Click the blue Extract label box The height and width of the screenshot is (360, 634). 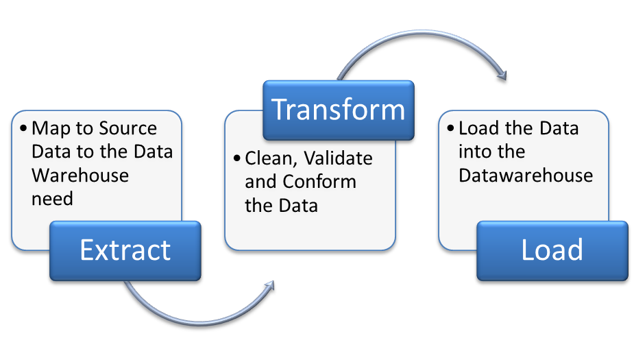pyautogui.click(x=125, y=250)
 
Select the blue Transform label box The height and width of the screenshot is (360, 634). pyautogui.click(x=339, y=110)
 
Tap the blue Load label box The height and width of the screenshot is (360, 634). pyautogui.click(x=552, y=250)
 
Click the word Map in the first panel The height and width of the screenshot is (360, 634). pyautogui.click(x=49, y=128)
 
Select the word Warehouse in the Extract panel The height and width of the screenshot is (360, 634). pyautogui.click(x=80, y=176)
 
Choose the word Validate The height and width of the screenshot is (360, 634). pyautogui.click(x=339, y=158)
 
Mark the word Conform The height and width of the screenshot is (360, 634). pyautogui.click(x=319, y=182)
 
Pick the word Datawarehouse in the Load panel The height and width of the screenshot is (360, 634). pyautogui.click(x=526, y=176)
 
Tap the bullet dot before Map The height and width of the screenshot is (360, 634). pyautogui.click(x=25, y=129)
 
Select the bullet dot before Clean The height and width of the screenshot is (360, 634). pyautogui.click(x=237, y=159)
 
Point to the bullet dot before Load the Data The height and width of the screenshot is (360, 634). pyautogui.click(x=451, y=129)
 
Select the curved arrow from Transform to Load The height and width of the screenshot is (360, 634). pyautogui.click(x=418, y=38)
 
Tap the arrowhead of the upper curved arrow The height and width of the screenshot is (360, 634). pyautogui.click(x=502, y=74)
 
